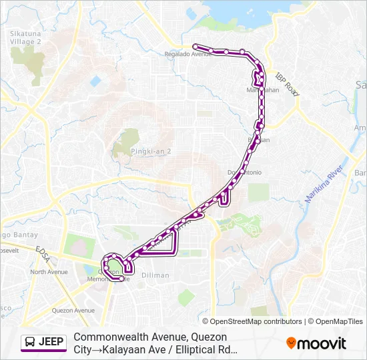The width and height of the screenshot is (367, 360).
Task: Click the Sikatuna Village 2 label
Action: tap(26, 36)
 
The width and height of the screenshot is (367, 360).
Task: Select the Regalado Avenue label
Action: tap(192, 54)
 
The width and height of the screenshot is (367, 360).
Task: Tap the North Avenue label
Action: tap(49, 272)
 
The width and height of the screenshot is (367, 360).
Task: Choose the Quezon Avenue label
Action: tap(74, 310)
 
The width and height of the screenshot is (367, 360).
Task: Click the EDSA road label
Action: tap(43, 251)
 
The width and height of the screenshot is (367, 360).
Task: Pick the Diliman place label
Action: tap(155, 275)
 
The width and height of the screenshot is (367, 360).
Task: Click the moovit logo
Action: tap(316, 343)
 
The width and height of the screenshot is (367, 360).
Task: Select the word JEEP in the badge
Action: tap(51, 343)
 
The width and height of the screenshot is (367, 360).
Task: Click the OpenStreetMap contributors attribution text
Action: tap(256, 321)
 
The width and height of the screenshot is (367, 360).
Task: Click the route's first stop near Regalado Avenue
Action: tap(196, 46)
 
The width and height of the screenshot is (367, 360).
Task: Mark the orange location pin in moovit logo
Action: tap(291, 343)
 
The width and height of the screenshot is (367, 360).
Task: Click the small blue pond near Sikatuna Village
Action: tap(95, 81)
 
